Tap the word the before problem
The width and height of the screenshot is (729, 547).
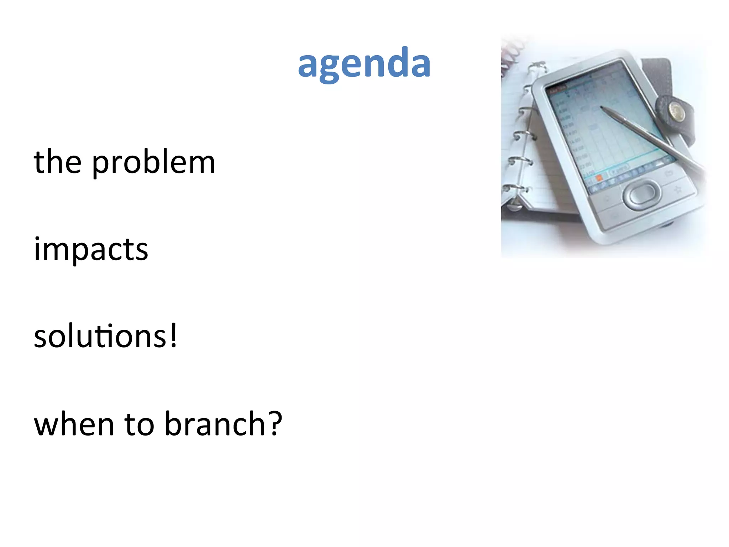[58, 162]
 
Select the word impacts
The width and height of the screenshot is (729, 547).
[91, 249]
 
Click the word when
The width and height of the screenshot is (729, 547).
[74, 424]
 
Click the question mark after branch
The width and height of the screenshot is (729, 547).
[275, 423]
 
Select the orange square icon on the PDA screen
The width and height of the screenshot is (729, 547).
[599, 177]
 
